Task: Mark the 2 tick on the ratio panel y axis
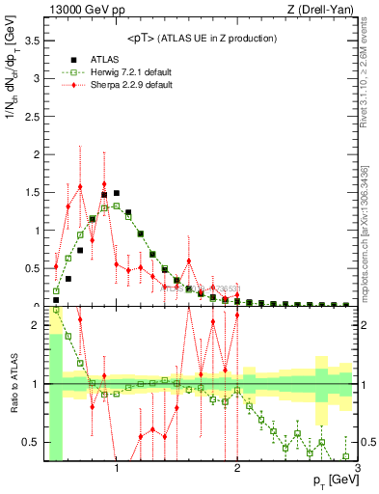[x=38, y=325]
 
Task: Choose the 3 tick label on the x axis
[x=358, y=470]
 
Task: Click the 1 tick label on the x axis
[x=117, y=470]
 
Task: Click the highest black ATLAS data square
[x=116, y=193]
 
